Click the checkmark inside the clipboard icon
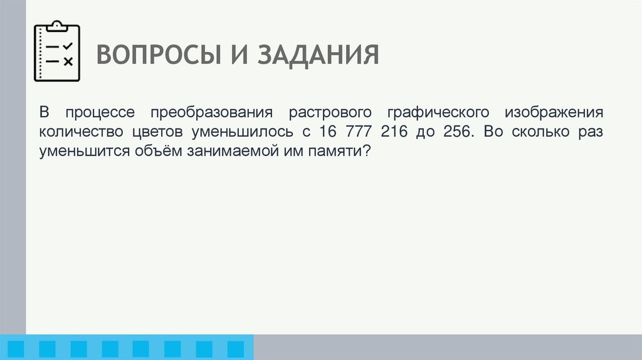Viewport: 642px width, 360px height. [68, 46]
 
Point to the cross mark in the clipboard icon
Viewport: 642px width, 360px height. [68, 61]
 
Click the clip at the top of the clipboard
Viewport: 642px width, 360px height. [57, 26]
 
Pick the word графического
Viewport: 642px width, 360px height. [438, 114]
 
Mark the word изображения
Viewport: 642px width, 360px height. [553, 114]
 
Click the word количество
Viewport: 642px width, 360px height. [81, 133]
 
